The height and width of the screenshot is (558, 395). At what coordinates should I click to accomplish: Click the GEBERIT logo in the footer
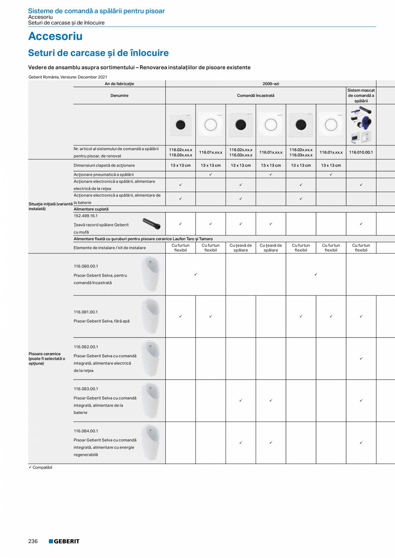pyautogui.click(x=64, y=541)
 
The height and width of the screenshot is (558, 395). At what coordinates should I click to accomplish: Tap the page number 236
pyautogui.click(x=33, y=541)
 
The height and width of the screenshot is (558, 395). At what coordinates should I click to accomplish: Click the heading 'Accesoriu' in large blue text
pyautogui.click(x=55, y=36)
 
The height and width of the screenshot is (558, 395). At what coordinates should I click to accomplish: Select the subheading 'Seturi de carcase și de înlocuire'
pyautogui.click(x=98, y=53)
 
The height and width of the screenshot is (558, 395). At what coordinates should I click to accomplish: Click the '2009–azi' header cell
pyautogui.click(x=270, y=84)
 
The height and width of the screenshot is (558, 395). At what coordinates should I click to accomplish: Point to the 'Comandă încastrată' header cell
pyautogui.click(x=255, y=96)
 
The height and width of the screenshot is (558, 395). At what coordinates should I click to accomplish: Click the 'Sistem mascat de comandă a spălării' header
pyautogui.click(x=361, y=96)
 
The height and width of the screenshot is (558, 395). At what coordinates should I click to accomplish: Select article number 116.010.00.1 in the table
pyautogui.click(x=361, y=152)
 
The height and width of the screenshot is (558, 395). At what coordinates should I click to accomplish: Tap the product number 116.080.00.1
pyautogui.click(x=86, y=266)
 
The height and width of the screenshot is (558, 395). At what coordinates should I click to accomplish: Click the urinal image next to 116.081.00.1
pyautogui.click(x=151, y=316)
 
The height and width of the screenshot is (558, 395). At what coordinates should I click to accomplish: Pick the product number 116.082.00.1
pyautogui.click(x=86, y=347)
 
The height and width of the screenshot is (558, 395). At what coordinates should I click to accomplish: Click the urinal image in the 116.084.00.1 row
pyautogui.click(x=151, y=442)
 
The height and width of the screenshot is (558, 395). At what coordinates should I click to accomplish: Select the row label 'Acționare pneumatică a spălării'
pyautogui.click(x=103, y=175)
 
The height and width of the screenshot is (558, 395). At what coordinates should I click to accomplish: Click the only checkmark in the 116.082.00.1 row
pyautogui.click(x=361, y=359)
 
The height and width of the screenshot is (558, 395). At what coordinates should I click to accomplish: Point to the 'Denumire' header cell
pyautogui.click(x=119, y=96)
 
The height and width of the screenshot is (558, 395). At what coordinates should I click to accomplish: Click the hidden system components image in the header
pyautogui.click(x=361, y=124)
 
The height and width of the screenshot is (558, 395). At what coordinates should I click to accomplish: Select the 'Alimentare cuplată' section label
pyautogui.click(x=91, y=209)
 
